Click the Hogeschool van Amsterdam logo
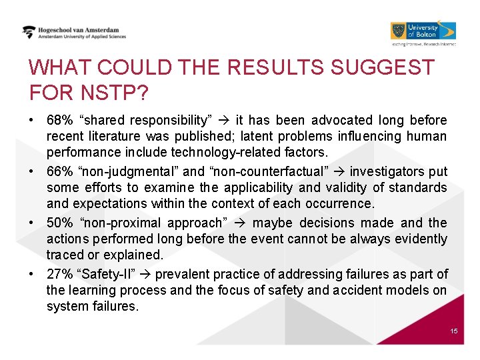pyautogui.click(x=73, y=33)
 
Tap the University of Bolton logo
pyautogui.click(x=423, y=32)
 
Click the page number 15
pyautogui.click(x=454, y=331)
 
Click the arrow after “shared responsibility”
pyautogui.click(x=223, y=121)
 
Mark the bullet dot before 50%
pyautogui.click(x=32, y=223)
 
